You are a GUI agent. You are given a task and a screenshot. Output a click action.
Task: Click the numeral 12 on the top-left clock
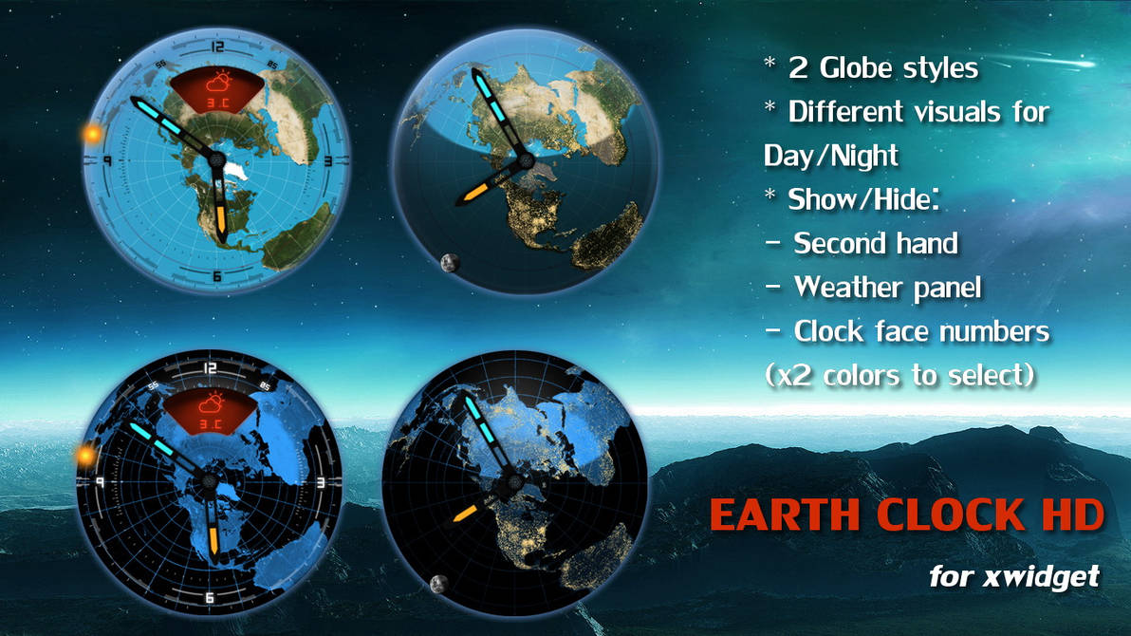[219, 46]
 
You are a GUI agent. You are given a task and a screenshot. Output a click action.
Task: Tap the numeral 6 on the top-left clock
[217, 276]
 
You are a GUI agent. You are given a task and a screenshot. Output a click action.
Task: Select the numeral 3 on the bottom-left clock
[323, 482]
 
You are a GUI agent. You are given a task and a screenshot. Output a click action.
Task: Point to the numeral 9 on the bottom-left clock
[98, 482]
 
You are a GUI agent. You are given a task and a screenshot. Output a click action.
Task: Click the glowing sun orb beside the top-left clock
[92, 135]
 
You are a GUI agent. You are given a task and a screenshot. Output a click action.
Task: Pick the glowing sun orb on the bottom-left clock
[85, 457]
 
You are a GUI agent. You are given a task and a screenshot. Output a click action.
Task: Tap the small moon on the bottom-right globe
[439, 583]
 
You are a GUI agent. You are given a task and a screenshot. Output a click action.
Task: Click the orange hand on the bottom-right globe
[465, 513]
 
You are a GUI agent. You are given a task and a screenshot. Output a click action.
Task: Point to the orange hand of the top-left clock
[220, 216]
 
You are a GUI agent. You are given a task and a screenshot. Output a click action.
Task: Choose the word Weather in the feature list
[851, 287]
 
